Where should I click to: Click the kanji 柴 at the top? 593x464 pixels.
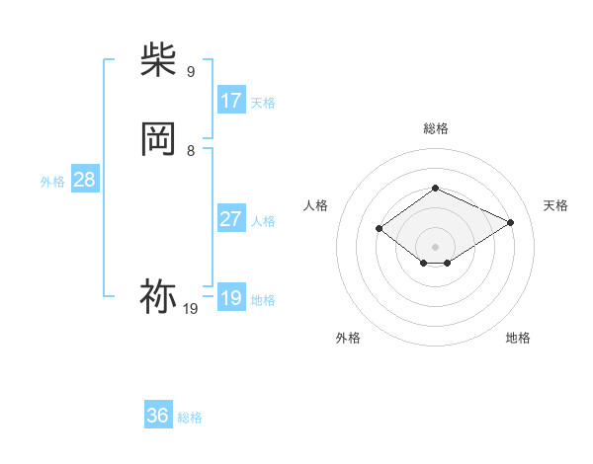click(x=158, y=60)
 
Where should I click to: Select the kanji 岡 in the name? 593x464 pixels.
click(x=158, y=139)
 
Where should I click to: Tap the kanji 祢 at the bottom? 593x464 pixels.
click(x=158, y=296)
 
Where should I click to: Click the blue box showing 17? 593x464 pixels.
click(x=231, y=101)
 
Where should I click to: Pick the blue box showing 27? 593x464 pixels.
click(x=231, y=219)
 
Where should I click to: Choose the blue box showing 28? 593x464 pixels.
click(x=84, y=180)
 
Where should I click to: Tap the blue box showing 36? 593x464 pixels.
click(x=158, y=416)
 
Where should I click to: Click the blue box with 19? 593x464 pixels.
click(x=231, y=298)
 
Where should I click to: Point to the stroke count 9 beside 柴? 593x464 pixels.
click(x=191, y=71)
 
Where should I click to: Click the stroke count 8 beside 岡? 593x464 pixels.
click(x=191, y=150)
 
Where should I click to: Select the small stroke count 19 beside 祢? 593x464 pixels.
click(x=191, y=309)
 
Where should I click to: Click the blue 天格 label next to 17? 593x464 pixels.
click(x=263, y=103)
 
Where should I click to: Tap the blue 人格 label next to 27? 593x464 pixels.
click(x=263, y=221)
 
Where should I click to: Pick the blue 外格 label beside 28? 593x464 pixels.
click(x=52, y=182)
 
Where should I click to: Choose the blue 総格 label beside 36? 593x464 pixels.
click(x=190, y=418)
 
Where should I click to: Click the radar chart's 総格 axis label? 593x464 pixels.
click(x=435, y=128)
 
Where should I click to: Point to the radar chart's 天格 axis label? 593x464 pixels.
click(x=555, y=205)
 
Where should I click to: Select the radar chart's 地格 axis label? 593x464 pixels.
click(x=518, y=338)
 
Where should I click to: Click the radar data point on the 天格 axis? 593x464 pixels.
click(x=511, y=222)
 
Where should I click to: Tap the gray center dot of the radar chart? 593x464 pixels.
click(x=435, y=246)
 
